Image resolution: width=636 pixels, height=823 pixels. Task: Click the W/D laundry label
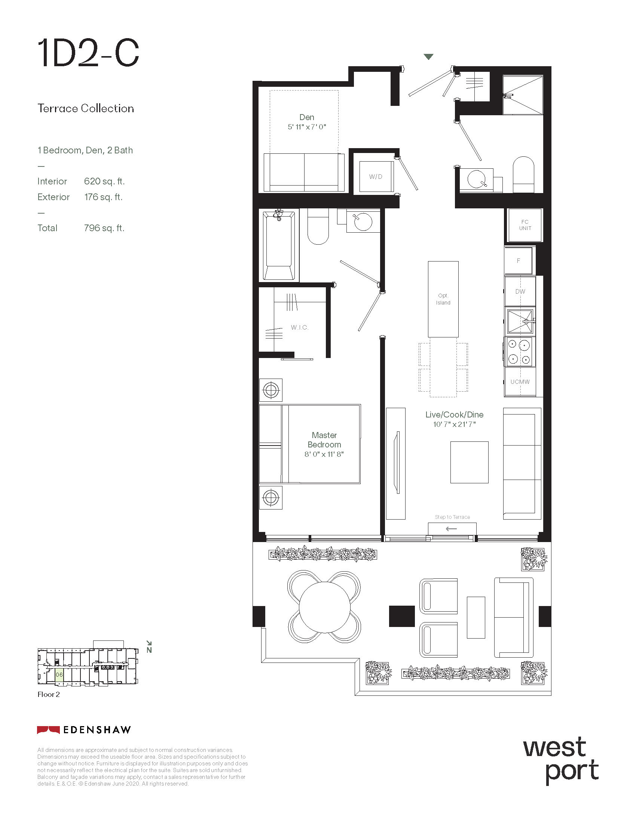tap(375, 176)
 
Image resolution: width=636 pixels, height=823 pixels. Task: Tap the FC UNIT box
tap(525, 225)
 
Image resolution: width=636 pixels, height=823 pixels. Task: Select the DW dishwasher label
tap(520, 291)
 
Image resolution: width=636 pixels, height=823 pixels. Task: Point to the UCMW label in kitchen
tap(520, 382)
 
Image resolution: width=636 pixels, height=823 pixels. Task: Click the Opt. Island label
tap(443, 299)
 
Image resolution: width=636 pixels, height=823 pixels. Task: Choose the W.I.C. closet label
tap(300, 327)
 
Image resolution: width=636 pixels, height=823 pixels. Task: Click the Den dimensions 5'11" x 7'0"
tap(307, 127)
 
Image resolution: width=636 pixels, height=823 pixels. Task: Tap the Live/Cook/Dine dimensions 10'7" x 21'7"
tap(455, 424)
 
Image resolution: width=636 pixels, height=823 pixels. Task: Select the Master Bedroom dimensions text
tap(324, 454)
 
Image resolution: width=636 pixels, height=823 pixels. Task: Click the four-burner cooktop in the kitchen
tap(520, 352)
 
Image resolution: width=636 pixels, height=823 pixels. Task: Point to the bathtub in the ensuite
tap(279, 245)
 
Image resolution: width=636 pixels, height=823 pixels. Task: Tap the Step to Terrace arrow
tap(451, 529)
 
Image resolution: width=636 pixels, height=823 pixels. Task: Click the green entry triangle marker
tap(428, 57)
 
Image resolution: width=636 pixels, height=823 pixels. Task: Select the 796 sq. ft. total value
tap(104, 228)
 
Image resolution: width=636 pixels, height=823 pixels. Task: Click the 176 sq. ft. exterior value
tap(103, 197)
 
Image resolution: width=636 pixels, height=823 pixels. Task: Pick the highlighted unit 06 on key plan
tap(59, 674)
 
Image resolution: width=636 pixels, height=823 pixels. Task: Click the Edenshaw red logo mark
tap(48, 730)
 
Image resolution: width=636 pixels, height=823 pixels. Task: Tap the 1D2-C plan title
tap(88, 53)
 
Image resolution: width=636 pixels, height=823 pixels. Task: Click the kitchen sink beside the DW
tap(520, 321)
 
